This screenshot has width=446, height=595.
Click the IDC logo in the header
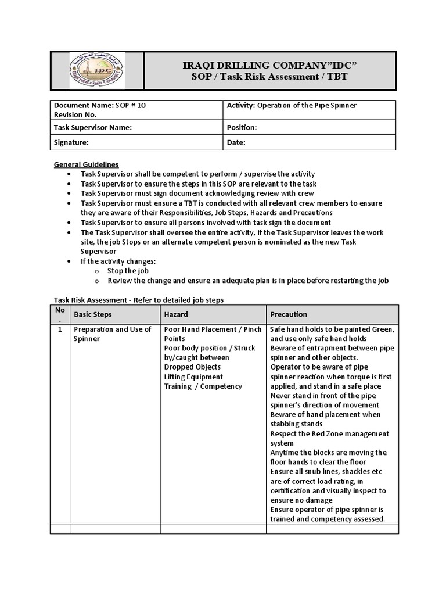click(x=96, y=71)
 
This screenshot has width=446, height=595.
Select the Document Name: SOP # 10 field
click(x=96, y=105)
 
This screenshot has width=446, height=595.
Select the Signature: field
click(x=71, y=142)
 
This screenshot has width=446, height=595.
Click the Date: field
click(x=236, y=142)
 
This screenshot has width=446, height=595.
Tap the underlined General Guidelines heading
click(x=86, y=164)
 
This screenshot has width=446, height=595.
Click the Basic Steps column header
click(x=93, y=314)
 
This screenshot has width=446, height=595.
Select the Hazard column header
click(x=176, y=314)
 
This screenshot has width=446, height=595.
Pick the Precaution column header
click(x=289, y=314)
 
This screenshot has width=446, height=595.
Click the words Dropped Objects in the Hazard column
click(x=192, y=367)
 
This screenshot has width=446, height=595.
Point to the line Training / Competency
click(x=203, y=386)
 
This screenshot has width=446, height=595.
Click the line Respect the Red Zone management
click(x=330, y=433)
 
